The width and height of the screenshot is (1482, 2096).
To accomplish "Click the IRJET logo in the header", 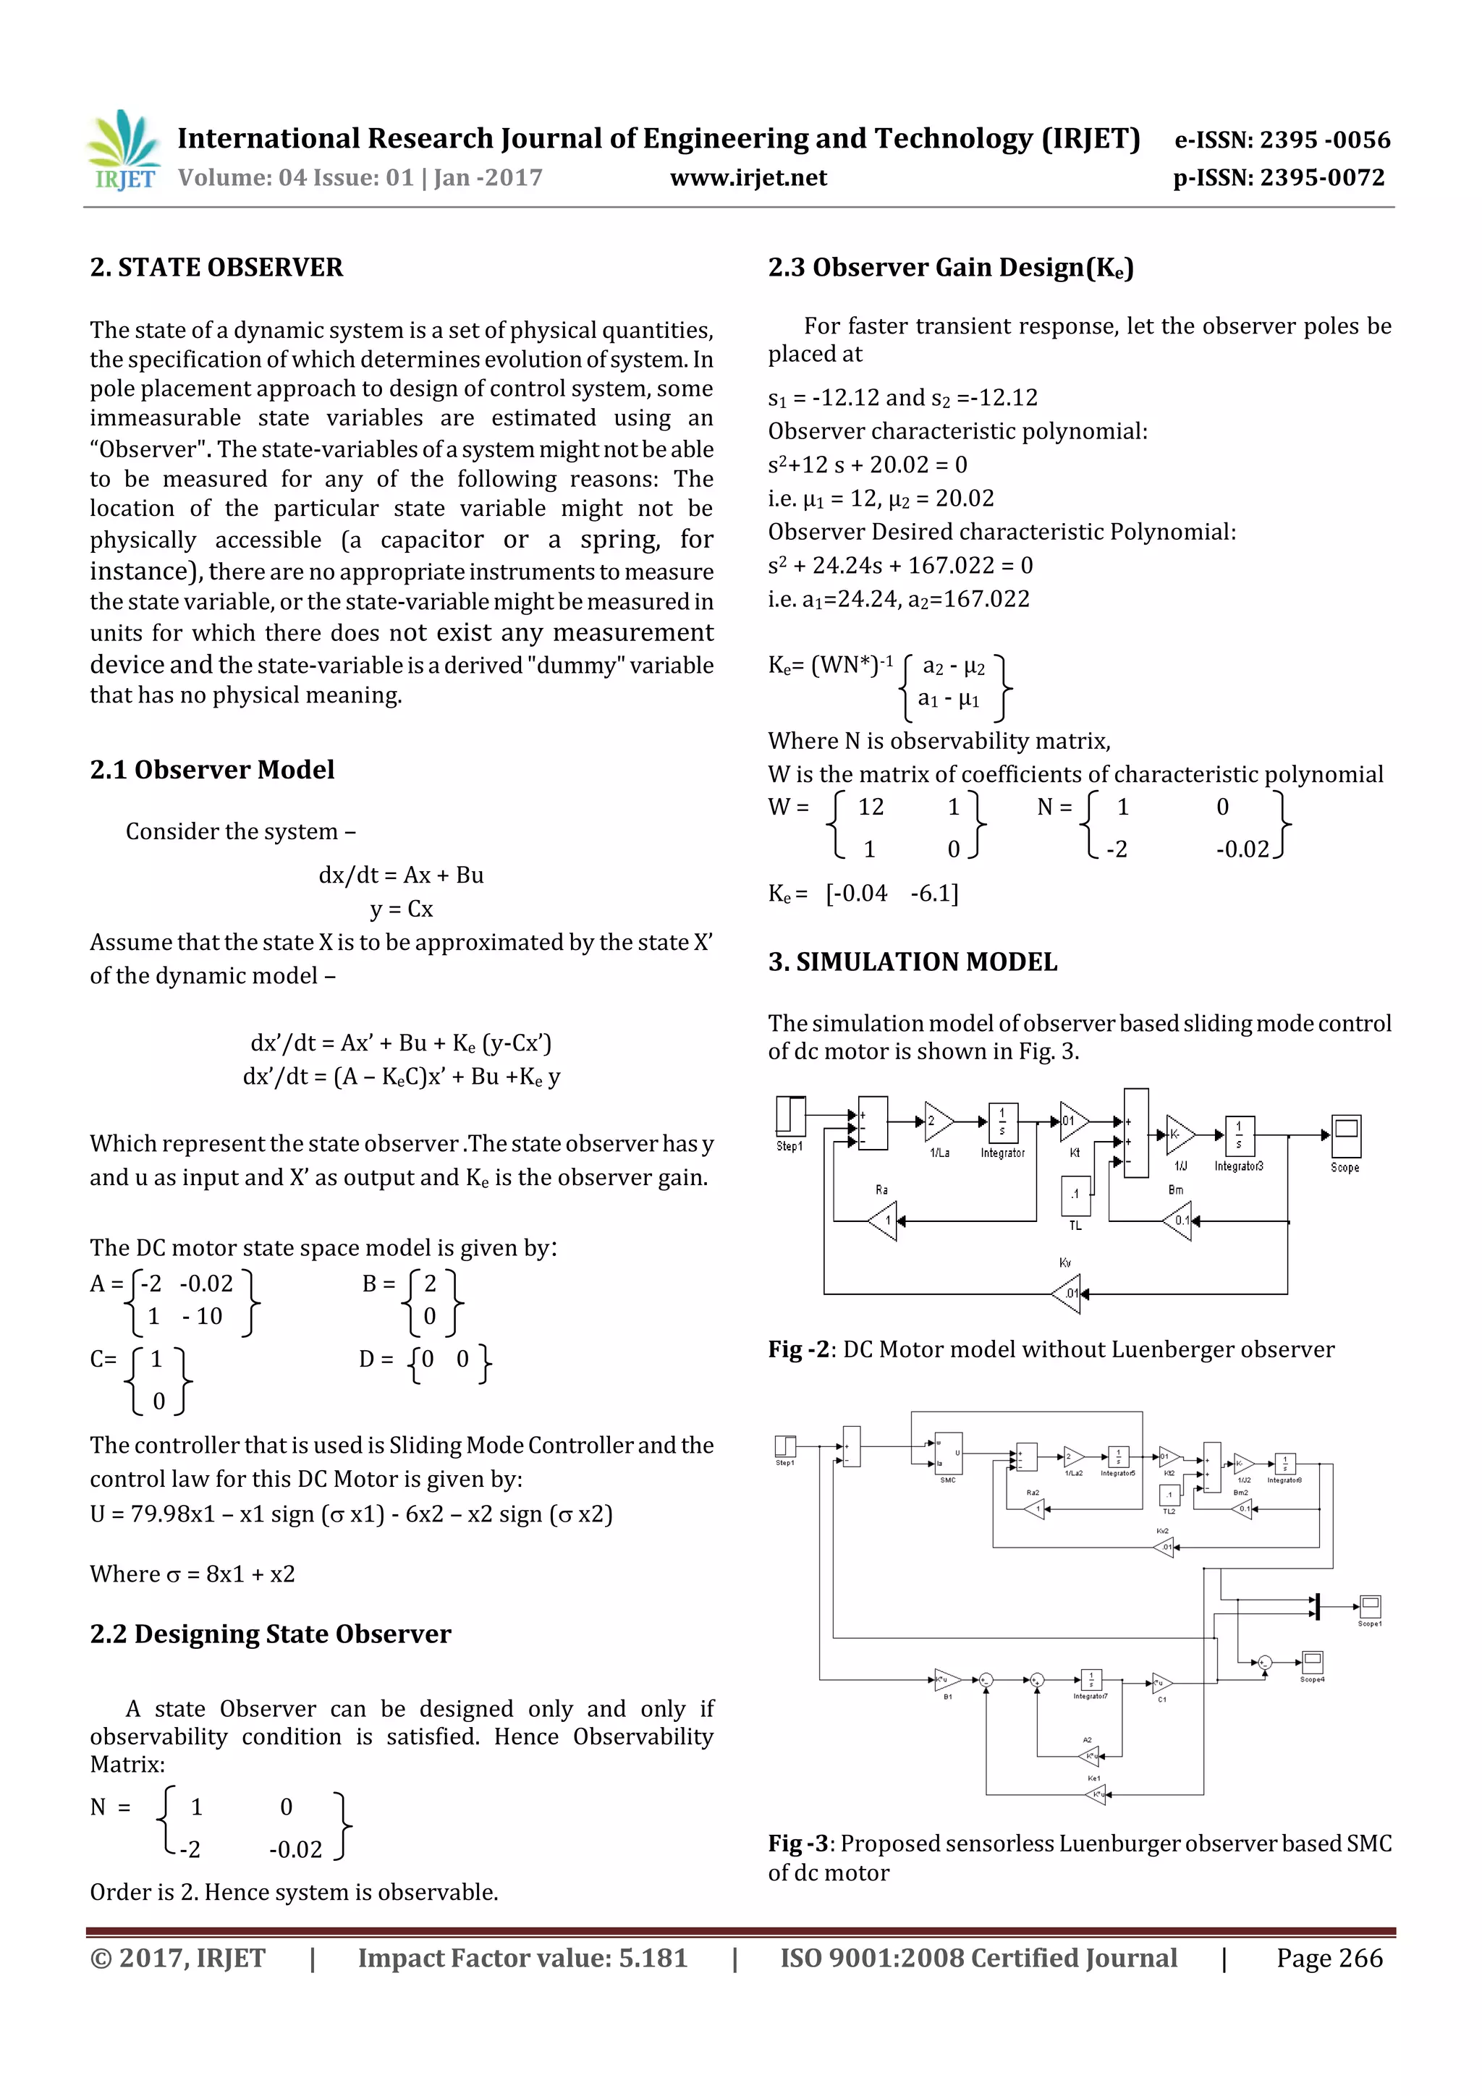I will [x=122, y=150].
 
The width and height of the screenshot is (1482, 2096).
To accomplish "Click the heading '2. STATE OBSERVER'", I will [x=216, y=268].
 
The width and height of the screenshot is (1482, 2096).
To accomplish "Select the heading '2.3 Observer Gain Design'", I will [x=949, y=268].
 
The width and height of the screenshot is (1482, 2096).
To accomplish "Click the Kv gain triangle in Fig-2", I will [x=1067, y=1293].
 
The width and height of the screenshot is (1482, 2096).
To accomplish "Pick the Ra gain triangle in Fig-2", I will [x=883, y=1221].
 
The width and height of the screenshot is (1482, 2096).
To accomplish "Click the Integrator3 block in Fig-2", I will [x=1238, y=1136].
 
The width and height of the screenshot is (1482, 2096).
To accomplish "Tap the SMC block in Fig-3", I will [x=948, y=1452].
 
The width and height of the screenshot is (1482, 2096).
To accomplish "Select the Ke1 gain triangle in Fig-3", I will [x=1096, y=1795].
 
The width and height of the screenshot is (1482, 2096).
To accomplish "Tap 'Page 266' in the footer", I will [x=1329, y=1958].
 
